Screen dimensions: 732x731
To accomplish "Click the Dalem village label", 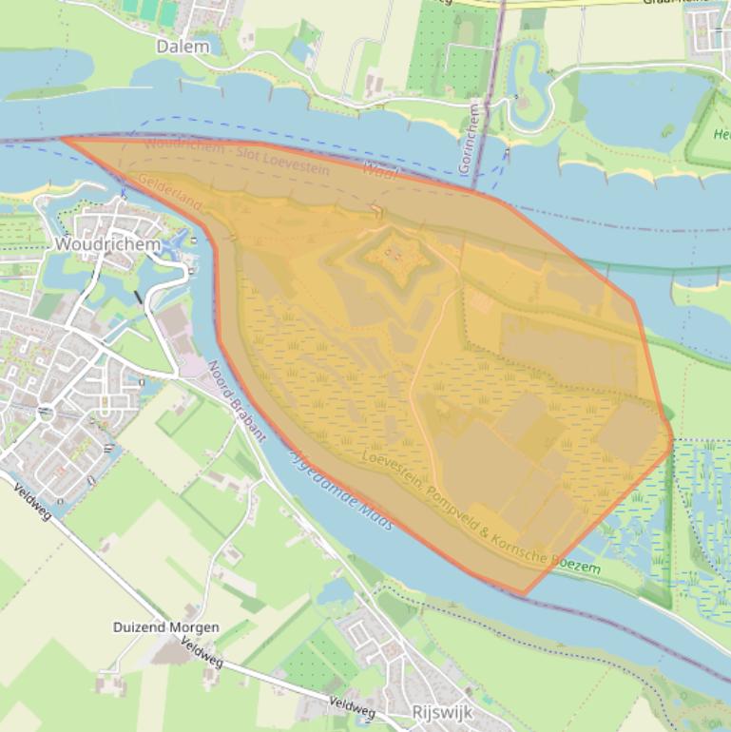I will pyautogui.click(x=183, y=46).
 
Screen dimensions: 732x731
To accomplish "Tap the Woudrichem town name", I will pyautogui.click(x=106, y=243).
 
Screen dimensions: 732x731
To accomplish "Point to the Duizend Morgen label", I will pyautogui.click(x=166, y=627).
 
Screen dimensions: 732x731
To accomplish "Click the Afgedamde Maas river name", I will pyautogui.click(x=339, y=486).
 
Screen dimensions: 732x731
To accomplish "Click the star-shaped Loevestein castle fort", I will pyautogui.click(x=394, y=253).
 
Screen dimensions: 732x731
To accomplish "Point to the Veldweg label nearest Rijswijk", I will pyautogui.click(x=352, y=706).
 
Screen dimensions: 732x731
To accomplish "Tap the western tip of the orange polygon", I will pyautogui.click(x=63, y=139).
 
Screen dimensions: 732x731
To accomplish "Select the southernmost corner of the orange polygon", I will pyautogui.click(x=524, y=595).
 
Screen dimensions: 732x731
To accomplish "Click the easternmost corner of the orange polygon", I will pyautogui.click(x=672, y=439).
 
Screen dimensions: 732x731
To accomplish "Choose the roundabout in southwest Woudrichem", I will pyautogui.click(x=45, y=414).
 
